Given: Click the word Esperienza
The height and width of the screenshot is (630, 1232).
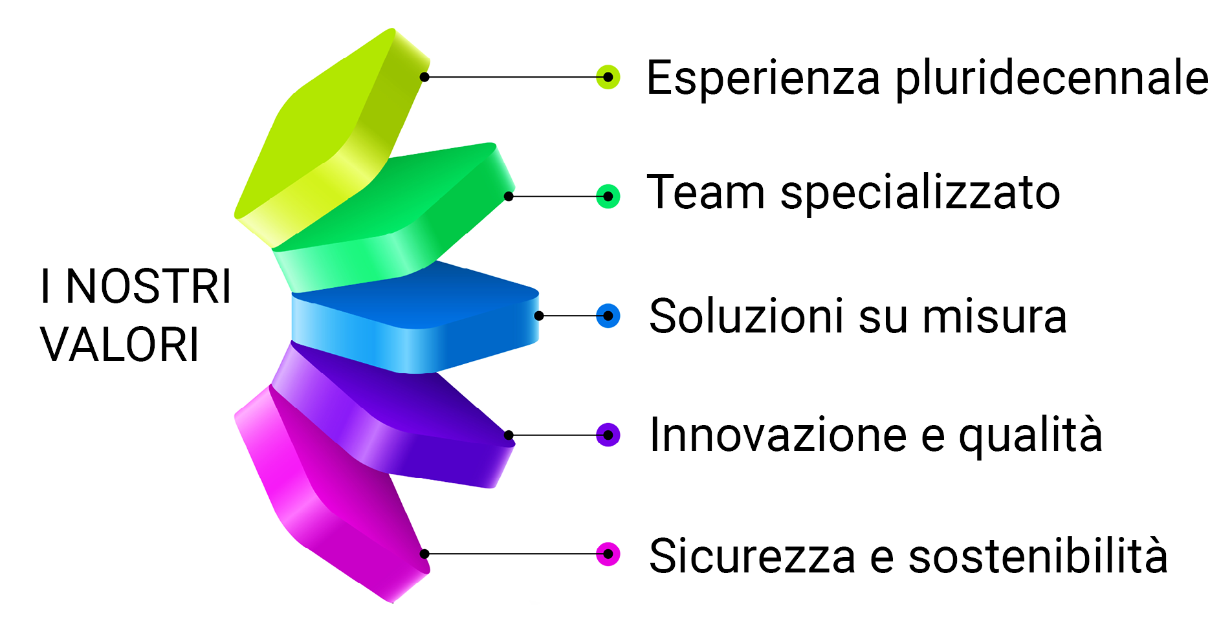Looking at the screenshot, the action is pos(763,78).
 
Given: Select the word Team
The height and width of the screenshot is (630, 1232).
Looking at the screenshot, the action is pos(706,193).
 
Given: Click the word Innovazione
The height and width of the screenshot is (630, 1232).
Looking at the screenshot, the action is pos(777,435).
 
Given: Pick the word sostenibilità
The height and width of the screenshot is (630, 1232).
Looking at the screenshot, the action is pos(1038,556).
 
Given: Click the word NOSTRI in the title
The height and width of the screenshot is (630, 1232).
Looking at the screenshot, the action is pos(148,287).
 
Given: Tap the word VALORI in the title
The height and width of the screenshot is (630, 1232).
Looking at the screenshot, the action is pos(120,345).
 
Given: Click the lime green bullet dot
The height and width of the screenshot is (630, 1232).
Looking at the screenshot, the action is pos(608,77).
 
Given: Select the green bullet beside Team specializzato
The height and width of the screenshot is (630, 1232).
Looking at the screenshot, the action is pos(608,196).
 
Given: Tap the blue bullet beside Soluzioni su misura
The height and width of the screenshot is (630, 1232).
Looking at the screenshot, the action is pos(608,316).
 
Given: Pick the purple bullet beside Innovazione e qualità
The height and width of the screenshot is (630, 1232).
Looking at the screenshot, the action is pos(608,435).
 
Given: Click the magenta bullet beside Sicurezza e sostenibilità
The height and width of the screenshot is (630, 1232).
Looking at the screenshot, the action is pos(608,554).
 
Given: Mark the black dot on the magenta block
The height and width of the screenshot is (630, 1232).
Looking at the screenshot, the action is pos(424,554).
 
